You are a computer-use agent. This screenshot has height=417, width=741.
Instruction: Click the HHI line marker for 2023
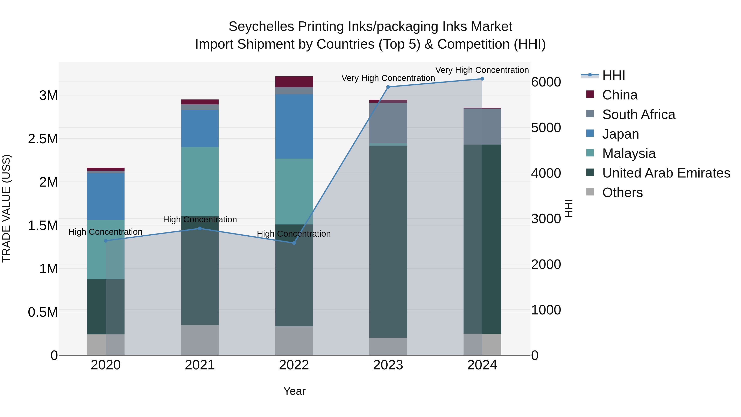tap(388, 87)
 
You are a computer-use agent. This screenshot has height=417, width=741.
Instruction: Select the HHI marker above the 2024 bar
tap(482, 79)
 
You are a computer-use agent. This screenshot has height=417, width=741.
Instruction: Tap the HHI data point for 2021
tap(200, 229)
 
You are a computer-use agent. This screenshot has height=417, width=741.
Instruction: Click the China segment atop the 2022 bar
tap(294, 82)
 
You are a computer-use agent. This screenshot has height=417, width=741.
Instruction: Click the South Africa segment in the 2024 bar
tap(482, 126)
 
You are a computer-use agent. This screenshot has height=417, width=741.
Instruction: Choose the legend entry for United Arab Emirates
tap(666, 173)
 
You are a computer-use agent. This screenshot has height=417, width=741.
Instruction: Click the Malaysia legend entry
tap(629, 153)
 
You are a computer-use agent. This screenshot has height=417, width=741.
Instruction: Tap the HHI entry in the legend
tap(613, 75)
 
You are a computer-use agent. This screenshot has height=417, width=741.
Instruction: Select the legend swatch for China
tap(590, 94)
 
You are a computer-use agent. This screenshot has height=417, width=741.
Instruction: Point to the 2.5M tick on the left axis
tap(43, 139)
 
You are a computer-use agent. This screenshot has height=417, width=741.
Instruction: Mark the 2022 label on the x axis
tap(294, 365)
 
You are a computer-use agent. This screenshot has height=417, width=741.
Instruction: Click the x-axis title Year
tap(294, 391)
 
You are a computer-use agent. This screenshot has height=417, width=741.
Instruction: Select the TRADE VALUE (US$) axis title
tap(6, 208)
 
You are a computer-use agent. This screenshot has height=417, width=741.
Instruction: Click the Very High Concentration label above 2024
tap(482, 70)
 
